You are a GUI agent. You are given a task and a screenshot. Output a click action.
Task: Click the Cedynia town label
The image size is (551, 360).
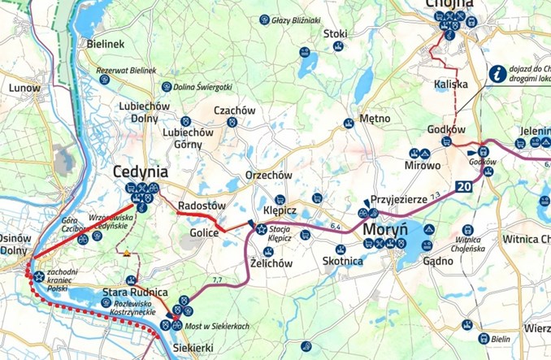141,171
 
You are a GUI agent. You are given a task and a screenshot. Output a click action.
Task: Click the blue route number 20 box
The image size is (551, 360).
463,186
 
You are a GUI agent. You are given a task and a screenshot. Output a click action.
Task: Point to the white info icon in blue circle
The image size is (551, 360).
496,73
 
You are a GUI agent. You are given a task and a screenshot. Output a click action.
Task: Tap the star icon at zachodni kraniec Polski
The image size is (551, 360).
38,275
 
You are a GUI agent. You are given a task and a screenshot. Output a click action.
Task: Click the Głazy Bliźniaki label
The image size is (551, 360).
294,20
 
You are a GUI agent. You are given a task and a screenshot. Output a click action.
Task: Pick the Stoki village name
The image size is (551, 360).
335,33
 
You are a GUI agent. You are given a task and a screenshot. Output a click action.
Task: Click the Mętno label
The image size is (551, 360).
375,118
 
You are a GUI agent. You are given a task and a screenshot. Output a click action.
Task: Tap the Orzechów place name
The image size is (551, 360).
268,175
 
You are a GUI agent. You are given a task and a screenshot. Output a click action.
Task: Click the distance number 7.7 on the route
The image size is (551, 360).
217,280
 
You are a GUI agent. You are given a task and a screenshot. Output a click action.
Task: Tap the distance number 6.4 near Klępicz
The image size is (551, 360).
336,227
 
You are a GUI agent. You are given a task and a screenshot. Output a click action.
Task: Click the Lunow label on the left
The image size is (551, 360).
23,87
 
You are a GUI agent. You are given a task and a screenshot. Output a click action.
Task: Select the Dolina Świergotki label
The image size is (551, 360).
202,86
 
